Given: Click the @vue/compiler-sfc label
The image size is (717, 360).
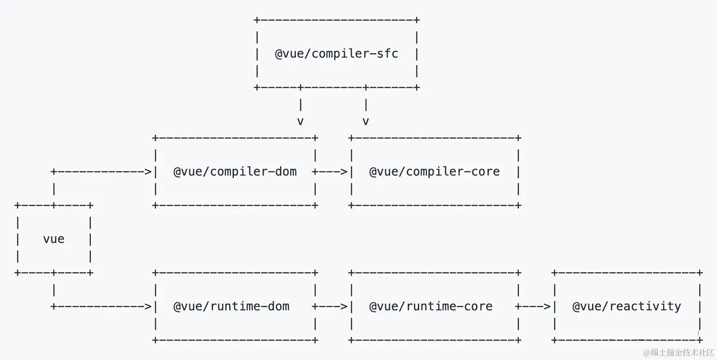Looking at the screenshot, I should (x=336, y=54).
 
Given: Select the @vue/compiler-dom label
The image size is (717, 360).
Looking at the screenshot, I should (x=235, y=172).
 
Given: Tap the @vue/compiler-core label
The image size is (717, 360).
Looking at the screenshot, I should (x=434, y=172).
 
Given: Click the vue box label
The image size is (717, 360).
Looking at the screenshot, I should (x=54, y=239).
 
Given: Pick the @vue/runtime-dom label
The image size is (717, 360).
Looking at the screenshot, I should (x=231, y=306).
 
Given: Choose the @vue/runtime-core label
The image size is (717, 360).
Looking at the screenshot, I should (x=431, y=306).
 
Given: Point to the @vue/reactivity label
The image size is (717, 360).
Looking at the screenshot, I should (x=627, y=306).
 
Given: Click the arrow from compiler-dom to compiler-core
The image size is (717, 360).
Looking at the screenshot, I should (x=330, y=172).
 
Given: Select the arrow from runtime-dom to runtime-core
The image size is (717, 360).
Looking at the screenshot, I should (x=330, y=306).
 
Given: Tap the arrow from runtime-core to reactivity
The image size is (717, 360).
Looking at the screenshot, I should (x=533, y=306).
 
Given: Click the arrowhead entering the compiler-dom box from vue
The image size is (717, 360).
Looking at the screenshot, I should (x=148, y=172).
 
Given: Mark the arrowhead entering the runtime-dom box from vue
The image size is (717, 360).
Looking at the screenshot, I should (x=148, y=306).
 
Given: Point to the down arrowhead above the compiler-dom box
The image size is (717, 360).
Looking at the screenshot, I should (x=300, y=121).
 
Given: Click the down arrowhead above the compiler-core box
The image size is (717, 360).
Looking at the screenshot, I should (x=366, y=121).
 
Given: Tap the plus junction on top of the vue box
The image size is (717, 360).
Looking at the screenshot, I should (x=54, y=205).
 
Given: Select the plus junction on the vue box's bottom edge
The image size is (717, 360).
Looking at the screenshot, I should (x=54, y=273).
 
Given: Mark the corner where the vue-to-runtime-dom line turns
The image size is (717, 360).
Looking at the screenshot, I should (x=54, y=306).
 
